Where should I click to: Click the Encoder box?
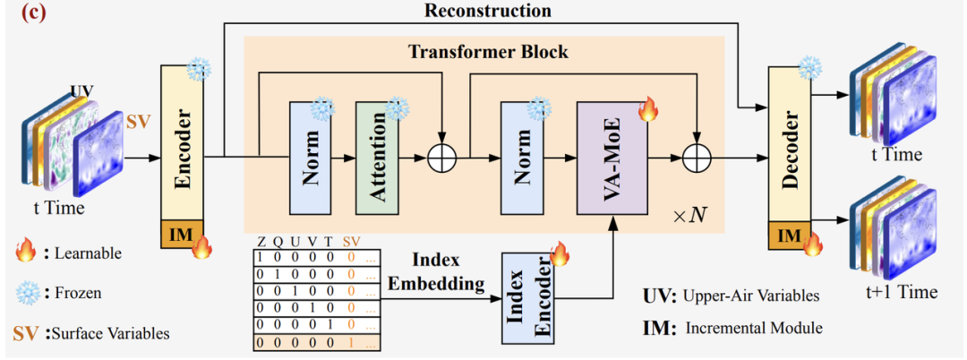[x=183, y=141]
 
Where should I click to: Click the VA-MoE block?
[x=612, y=158]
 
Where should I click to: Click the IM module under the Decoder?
[x=789, y=236]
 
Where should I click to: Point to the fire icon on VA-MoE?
[x=647, y=110]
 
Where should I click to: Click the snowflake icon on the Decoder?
[x=810, y=67]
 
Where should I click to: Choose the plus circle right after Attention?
[x=441, y=159]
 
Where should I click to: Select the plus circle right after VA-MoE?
[x=696, y=159]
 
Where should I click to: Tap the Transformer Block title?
[x=488, y=51]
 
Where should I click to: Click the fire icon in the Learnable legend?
[x=25, y=253]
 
